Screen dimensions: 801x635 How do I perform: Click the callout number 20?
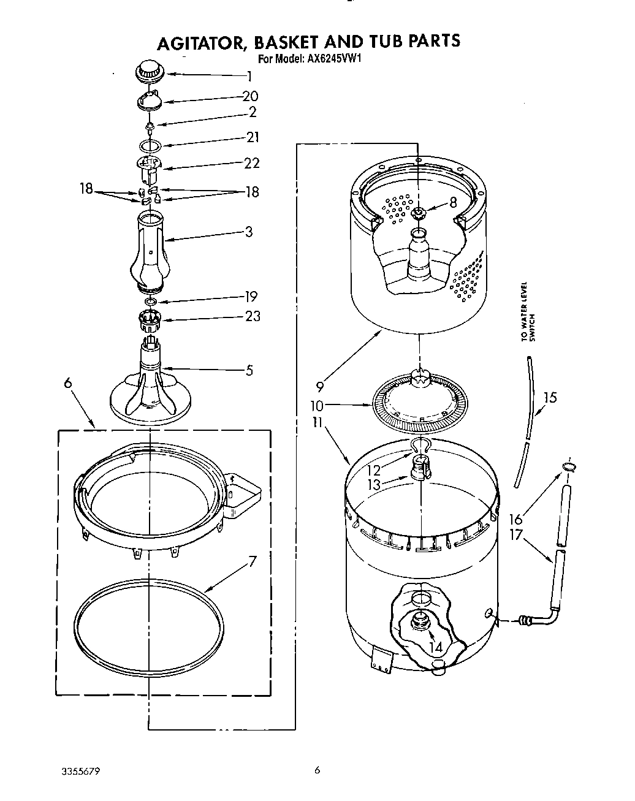click(249, 96)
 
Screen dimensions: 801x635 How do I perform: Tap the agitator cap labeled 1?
click(149, 72)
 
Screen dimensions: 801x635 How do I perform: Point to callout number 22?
click(251, 162)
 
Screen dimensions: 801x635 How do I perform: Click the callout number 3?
click(249, 232)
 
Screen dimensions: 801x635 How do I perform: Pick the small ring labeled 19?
click(150, 302)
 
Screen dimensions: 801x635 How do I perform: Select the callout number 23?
click(251, 316)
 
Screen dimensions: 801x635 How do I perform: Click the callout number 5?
click(249, 370)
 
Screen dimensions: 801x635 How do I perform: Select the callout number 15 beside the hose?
click(550, 398)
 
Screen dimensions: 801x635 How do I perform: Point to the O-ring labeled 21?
click(150, 146)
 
